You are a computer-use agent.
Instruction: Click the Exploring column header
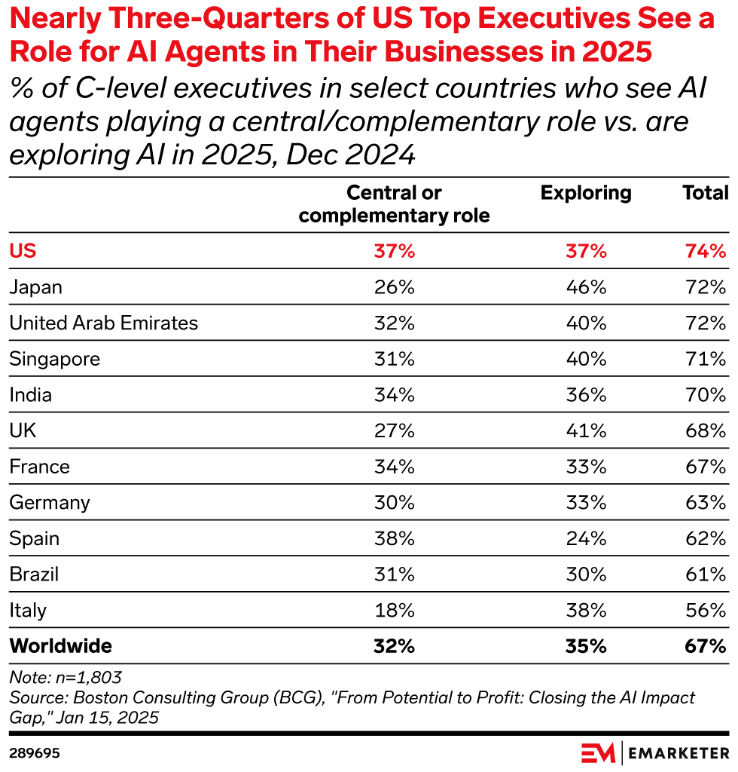[586, 193]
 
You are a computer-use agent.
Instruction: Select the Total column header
[705, 193]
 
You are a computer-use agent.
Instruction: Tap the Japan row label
[36, 287]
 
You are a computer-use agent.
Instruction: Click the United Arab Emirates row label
[104, 323]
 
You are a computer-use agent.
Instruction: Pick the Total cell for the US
[706, 251]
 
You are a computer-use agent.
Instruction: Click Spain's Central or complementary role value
[395, 538]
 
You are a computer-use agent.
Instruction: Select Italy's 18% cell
[395, 610]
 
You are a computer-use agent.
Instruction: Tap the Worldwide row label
[61, 646]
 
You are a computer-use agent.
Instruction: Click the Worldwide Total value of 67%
[706, 646]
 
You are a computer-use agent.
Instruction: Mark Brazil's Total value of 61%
[706, 574]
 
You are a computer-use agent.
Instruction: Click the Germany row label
[50, 502]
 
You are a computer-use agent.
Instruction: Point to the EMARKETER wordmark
[675, 753]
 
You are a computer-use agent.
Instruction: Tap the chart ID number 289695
[35, 753]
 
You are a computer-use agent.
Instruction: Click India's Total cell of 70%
[706, 395]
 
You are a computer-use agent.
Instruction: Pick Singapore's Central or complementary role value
[395, 359]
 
